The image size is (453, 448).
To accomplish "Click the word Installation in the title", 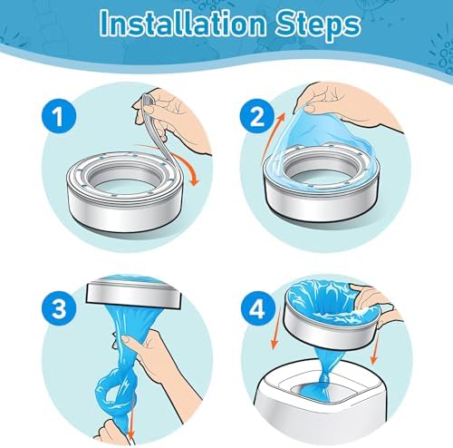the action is [183, 24].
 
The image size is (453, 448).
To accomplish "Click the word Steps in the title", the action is [318, 25].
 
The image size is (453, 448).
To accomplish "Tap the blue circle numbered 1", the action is [59, 115].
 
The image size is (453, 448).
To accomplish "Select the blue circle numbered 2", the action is [257, 116].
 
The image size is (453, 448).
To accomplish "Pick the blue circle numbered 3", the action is [59, 308].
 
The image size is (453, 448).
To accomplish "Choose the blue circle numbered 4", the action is [257, 310].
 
